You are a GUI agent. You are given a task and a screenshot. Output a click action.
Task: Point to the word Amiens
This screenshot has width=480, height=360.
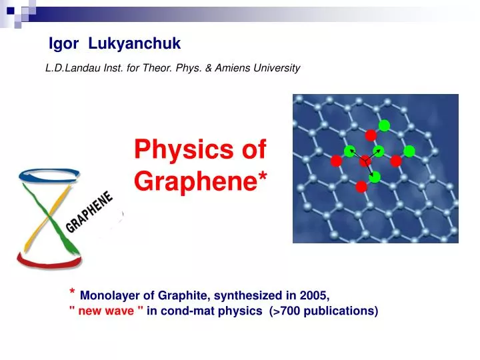click(x=239, y=68)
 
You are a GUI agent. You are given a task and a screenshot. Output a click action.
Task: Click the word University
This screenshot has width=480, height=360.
click(x=280, y=68)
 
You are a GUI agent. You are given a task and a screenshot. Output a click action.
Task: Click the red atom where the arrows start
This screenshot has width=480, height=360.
click(x=365, y=161)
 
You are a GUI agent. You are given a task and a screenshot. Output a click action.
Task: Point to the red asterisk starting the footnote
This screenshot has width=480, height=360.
click(x=72, y=293)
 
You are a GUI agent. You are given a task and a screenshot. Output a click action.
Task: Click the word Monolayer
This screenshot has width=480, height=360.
click(x=109, y=295)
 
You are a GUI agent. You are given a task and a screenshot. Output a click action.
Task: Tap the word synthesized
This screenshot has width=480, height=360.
click(x=246, y=295)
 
